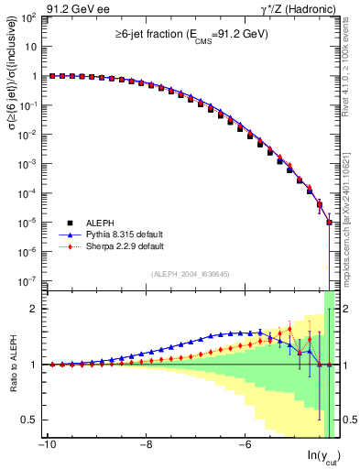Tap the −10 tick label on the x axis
point(45,446)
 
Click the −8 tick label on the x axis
point(145,446)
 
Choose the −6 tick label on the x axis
point(245,446)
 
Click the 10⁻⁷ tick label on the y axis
point(27,280)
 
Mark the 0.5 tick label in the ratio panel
point(28,420)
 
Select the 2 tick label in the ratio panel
point(34,309)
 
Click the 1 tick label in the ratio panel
point(34,365)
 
